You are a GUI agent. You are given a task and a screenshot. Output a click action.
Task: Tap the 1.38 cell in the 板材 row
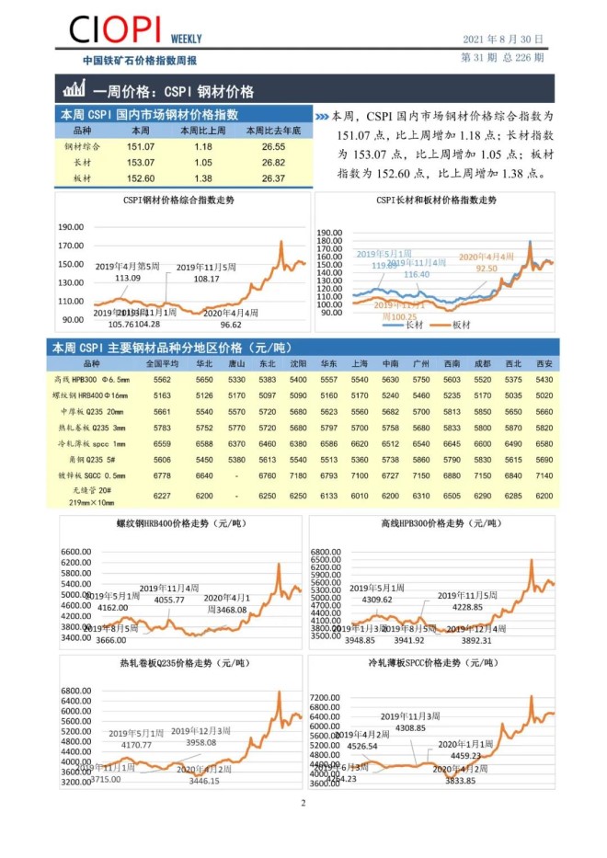[x=203, y=178]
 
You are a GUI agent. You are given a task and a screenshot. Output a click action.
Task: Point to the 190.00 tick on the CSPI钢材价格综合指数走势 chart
[x=71, y=227]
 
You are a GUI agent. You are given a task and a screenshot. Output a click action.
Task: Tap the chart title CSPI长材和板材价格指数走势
[x=436, y=200]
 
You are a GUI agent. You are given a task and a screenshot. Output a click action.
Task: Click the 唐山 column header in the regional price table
[x=236, y=363]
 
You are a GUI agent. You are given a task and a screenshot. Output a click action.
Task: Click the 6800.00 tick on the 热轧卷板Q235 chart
[x=71, y=691]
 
